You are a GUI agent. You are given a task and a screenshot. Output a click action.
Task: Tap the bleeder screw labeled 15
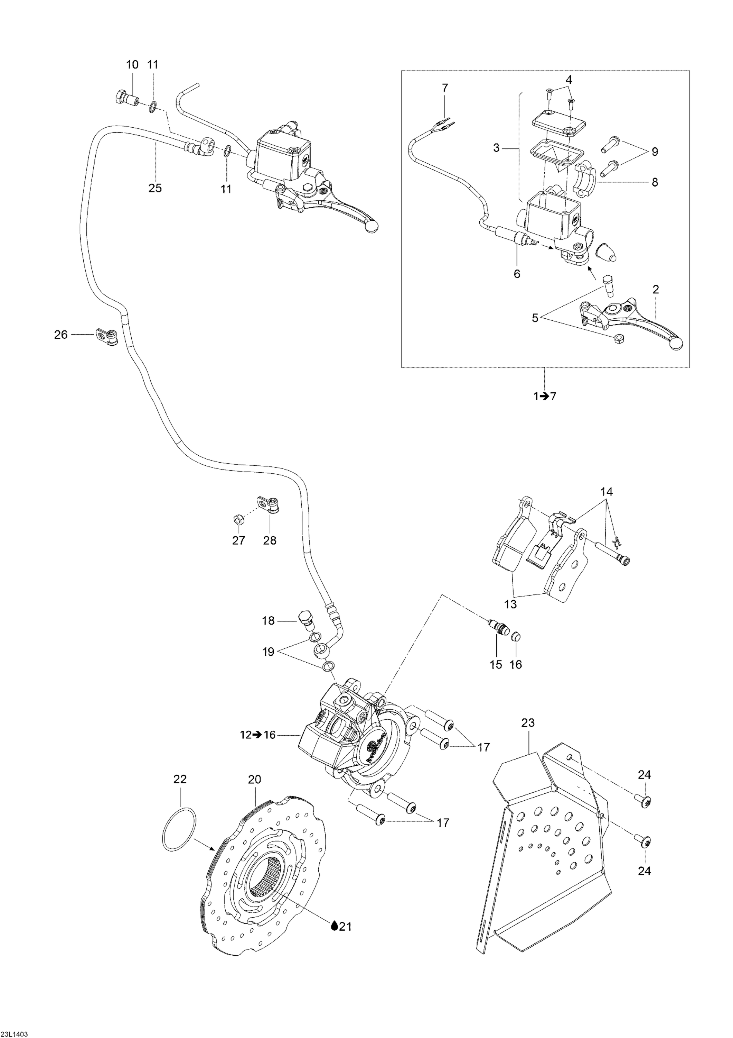(497, 628)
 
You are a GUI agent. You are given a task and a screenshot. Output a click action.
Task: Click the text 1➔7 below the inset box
(545, 396)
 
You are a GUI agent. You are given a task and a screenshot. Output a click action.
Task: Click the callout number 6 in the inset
(517, 274)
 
